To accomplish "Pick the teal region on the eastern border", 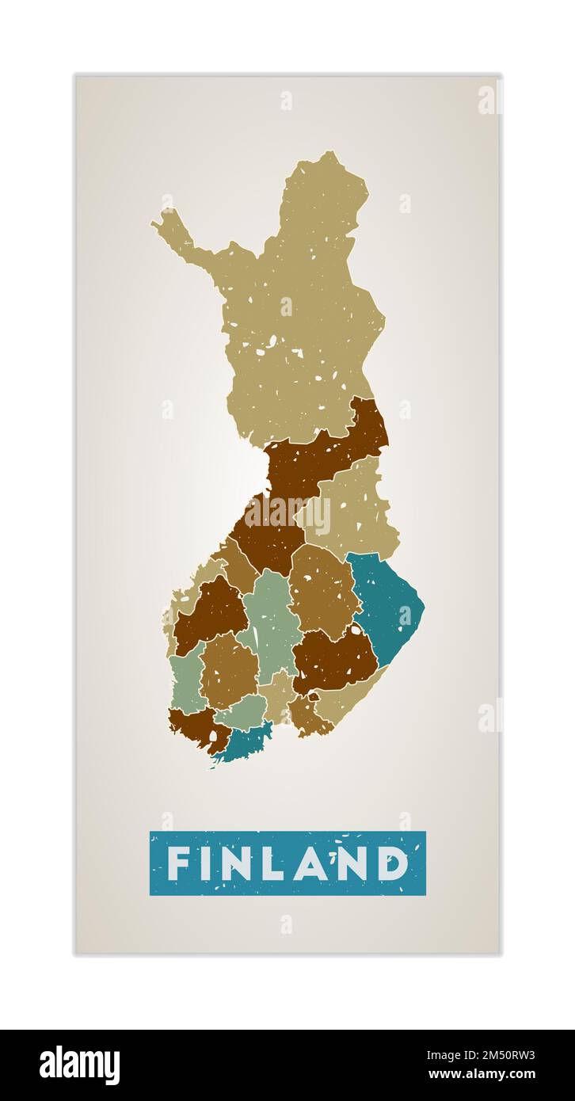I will point(388,602).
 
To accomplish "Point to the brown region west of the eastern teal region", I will point(323,590).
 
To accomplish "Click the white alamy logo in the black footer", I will point(79,1065).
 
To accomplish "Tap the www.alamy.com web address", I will point(493,1074).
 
